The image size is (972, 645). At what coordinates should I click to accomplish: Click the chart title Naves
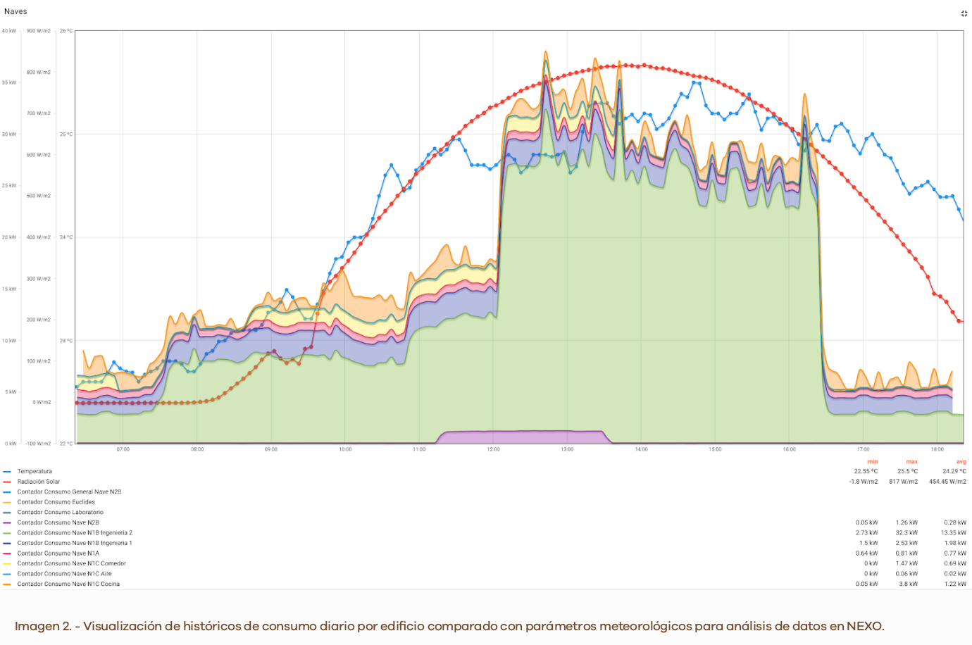pos(15,11)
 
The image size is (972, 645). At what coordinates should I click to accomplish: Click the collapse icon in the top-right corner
pos(964,13)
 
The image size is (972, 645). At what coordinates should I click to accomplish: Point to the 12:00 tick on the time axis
pos(493,449)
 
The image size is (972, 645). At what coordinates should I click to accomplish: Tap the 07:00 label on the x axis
pos(123,449)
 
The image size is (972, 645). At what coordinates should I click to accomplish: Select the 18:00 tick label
pos(937,449)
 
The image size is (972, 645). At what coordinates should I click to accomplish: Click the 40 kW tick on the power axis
pos(9,31)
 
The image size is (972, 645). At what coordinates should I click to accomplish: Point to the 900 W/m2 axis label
pos(39,31)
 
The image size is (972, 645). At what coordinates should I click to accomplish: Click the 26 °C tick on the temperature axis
pos(66,31)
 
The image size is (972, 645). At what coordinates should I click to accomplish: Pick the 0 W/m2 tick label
pos(42,402)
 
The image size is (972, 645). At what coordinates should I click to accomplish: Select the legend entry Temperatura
pos(35,472)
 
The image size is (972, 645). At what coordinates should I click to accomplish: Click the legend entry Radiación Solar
pos(39,482)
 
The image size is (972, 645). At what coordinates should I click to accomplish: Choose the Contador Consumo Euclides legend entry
pos(56,502)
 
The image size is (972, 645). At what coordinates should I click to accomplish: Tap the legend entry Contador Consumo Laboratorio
pos(61,513)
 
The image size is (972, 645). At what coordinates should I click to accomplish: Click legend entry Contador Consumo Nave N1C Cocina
pos(68,584)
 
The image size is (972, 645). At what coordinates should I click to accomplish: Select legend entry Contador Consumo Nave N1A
pos(58,553)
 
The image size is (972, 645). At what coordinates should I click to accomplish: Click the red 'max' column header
pos(912,462)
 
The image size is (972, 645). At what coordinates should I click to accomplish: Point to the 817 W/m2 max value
pos(903,482)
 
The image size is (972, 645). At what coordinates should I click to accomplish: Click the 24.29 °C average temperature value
pos(954,472)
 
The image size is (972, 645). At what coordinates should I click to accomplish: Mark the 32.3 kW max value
pos(906,533)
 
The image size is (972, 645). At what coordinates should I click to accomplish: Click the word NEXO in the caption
pos(864,627)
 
